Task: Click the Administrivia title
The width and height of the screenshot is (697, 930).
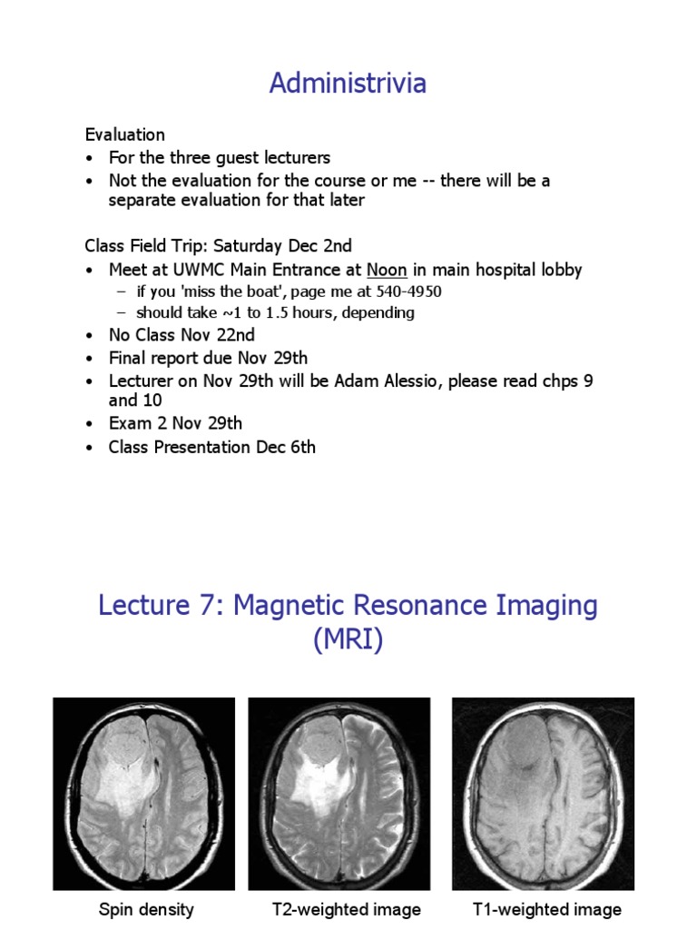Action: pyautogui.click(x=348, y=84)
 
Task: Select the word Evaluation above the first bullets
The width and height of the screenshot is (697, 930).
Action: pyautogui.click(x=125, y=134)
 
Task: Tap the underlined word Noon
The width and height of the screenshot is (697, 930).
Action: pyautogui.click(x=387, y=270)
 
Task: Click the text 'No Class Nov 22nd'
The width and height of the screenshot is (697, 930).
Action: pyautogui.click(x=182, y=334)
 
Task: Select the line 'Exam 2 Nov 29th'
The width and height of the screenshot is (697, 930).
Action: pyautogui.click(x=175, y=423)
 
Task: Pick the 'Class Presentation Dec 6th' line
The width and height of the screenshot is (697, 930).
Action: pyautogui.click(x=212, y=447)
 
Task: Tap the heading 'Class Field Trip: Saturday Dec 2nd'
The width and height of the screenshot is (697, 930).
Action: pyautogui.click(x=219, y=246)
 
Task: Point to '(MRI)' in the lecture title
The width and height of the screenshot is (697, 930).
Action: pyautogui.click(x=348, y=640)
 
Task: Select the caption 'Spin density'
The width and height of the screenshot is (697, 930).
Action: pyautogui.click(x=145, y=910)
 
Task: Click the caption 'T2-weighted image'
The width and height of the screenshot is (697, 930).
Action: pyautogui.click(x=347, y=910)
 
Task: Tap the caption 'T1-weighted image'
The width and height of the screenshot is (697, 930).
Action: pyautogui.click(x=547, y=910)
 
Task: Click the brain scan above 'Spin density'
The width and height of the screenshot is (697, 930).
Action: pyautogui.click(x=143, y=794)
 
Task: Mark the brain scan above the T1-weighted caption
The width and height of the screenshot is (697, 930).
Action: pyautogui.click(x=543, y=794)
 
